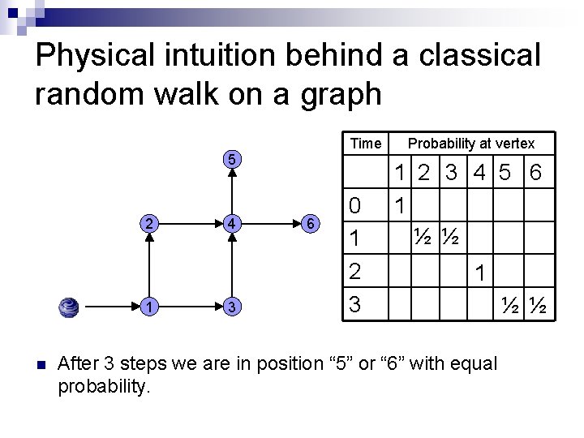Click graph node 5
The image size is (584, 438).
tap(232, 159)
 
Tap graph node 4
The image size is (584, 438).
tap(232, 222)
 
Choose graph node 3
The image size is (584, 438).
tap(232, 307)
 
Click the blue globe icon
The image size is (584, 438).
tap(69, 307)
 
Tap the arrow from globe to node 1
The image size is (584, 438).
tap(109, 307)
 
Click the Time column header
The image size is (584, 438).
tap(365, 144)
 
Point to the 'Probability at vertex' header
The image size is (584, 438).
tap(471, 144)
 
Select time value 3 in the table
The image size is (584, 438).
tap(354, 304)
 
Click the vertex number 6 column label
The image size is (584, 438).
tap(535, 173)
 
